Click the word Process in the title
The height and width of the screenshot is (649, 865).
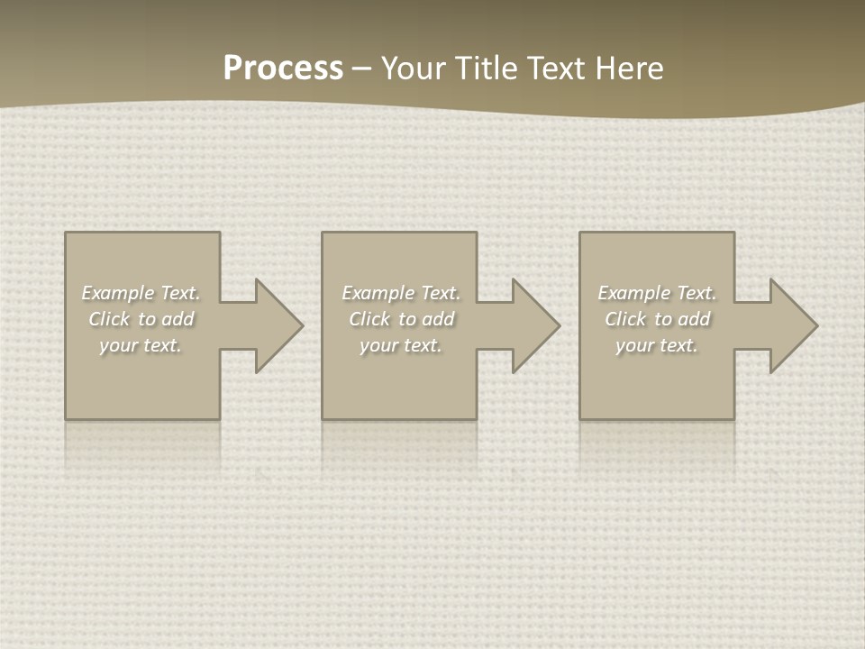point(283,69)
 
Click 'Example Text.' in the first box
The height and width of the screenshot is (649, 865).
point(141,293)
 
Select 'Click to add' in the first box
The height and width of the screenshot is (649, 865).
point(141,319)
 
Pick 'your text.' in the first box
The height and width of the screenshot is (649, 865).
point(141,345)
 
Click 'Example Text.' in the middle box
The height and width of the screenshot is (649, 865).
point(401,293)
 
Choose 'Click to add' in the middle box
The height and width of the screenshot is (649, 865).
point(401,319)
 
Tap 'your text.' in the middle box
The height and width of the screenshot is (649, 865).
point(401,345)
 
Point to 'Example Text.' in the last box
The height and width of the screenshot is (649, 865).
point(657,293)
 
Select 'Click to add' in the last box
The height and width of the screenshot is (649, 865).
point(657,319)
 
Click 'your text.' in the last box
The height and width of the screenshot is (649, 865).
point(657,345)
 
